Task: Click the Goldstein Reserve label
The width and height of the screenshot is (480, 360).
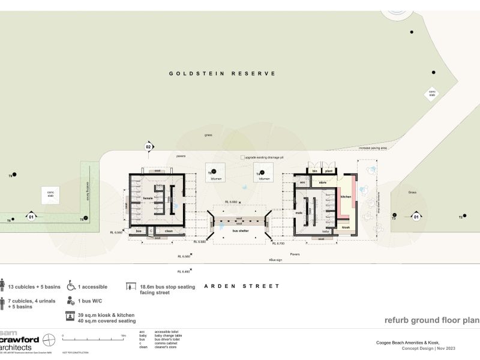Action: click(x=222, y=73)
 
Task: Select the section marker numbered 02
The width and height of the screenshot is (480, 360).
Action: click(x=148, y=146)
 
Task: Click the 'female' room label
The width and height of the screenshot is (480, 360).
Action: click(x=148, y=198)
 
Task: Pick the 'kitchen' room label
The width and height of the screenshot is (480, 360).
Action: click(x=346, y=196)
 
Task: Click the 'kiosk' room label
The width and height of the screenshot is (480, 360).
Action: click(x=346, y=227)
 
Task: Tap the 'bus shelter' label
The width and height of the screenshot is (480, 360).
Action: click(x=239, y=230)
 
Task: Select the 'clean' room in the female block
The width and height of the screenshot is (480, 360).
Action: click(x=169, y=230)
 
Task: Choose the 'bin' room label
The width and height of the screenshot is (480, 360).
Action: click(x=313, y=171)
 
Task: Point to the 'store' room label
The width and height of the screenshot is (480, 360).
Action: click(x=322, y=182)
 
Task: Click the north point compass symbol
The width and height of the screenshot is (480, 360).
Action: click(x=50, y=340)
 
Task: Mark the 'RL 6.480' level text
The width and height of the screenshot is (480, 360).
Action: click(x=184, y=272)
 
